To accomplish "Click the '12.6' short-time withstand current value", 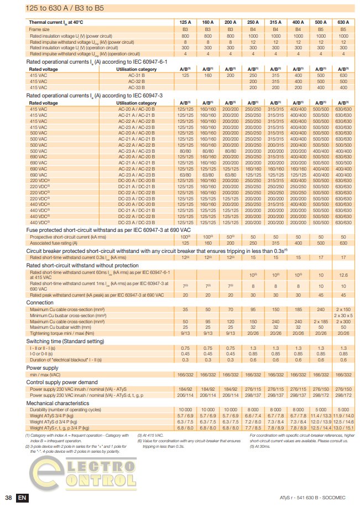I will [343, 275].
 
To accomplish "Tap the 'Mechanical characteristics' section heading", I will [58, 404].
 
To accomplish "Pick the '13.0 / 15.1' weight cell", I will [343, 428].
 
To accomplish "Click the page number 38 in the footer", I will [8, 496].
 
